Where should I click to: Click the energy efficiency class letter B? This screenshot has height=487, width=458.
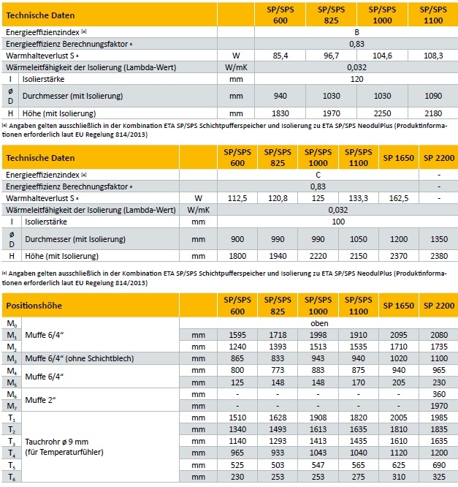(356, 33)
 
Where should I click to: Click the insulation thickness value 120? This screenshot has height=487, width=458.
(356, 78)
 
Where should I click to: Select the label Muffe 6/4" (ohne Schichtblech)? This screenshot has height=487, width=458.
(77, 358)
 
